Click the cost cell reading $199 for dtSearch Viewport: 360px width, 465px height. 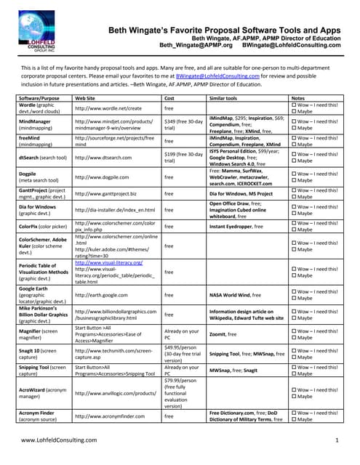(182, 158)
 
